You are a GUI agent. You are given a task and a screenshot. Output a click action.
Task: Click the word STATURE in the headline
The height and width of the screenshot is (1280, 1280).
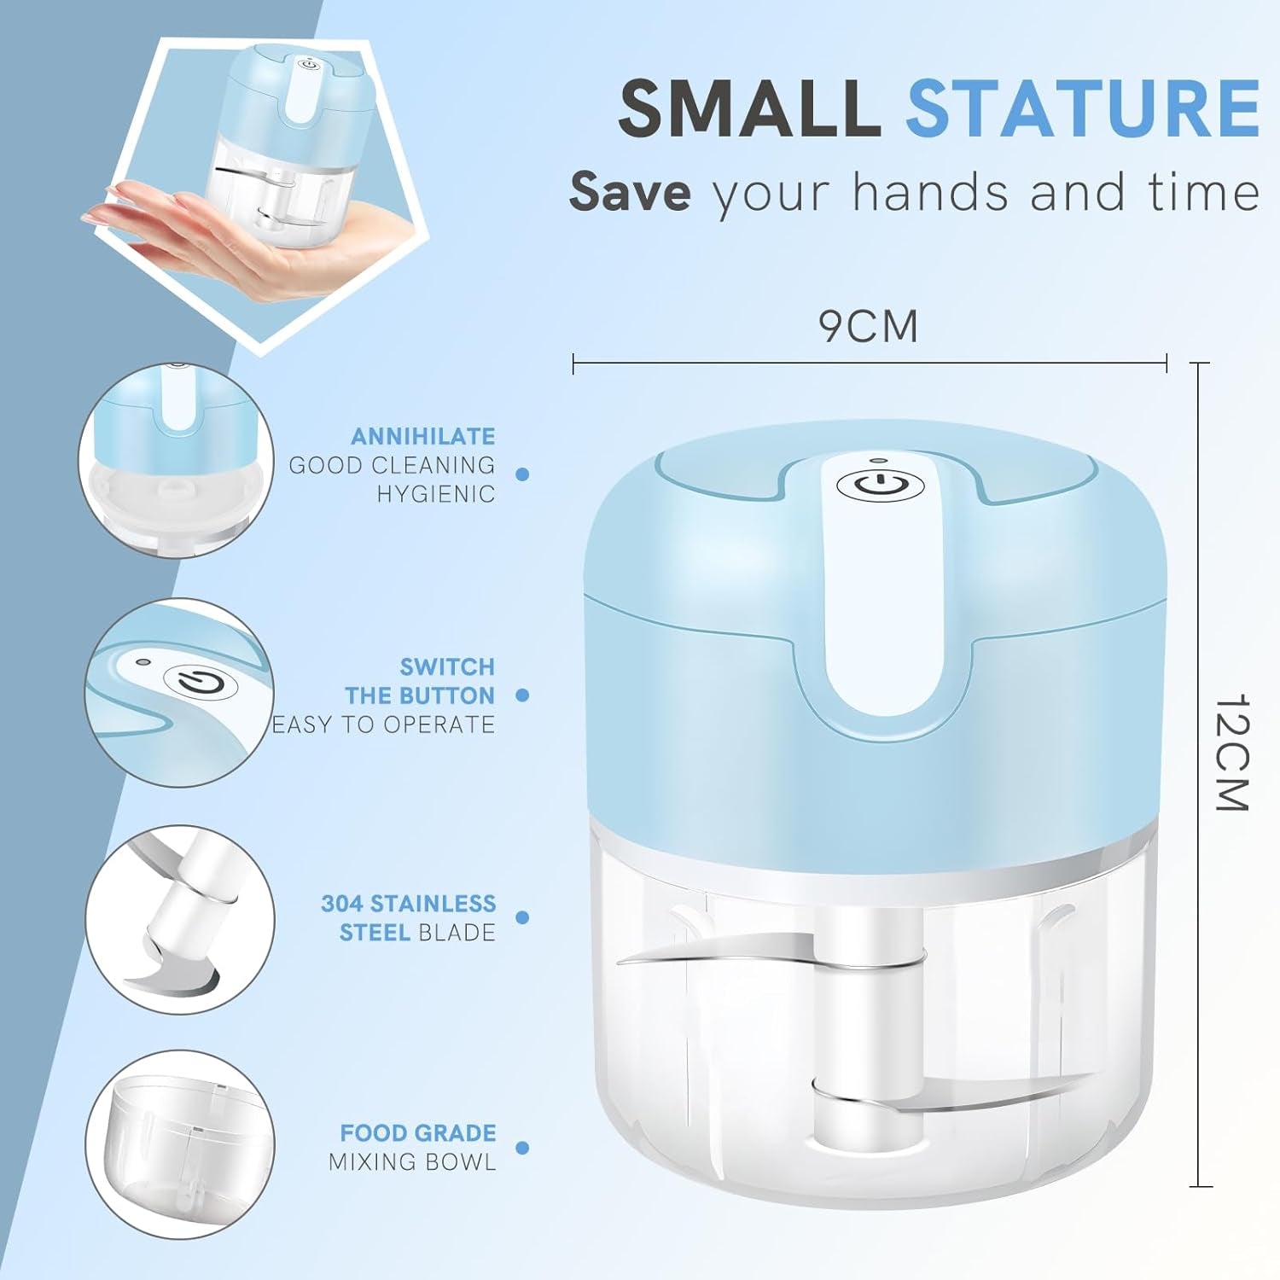(1082, 108)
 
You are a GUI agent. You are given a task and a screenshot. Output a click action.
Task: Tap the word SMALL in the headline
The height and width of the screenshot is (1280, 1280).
(749, 108)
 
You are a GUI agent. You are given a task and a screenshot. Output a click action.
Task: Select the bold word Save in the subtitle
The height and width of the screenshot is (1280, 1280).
(630, 191)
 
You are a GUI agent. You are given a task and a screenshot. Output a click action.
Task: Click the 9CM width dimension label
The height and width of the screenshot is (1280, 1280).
(868, 326)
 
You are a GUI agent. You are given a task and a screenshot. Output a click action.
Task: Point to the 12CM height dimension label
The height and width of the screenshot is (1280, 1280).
(1231, 752)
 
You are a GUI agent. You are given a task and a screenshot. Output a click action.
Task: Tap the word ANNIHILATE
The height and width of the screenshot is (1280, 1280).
(423, 436)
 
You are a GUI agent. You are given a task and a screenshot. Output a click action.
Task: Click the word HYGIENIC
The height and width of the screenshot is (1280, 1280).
(436, 494)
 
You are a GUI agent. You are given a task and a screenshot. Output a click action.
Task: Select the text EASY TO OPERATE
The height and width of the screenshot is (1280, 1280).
(383, 724)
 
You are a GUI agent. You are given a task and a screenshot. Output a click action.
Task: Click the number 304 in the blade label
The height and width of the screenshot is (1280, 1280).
(341, 904)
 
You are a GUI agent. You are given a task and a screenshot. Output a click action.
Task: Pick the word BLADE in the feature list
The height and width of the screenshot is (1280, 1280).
(457, 933)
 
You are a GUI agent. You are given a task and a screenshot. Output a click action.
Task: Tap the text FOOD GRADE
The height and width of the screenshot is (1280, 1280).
(417, 1133)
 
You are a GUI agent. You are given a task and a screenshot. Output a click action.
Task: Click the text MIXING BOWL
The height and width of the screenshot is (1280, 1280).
(412, 1162)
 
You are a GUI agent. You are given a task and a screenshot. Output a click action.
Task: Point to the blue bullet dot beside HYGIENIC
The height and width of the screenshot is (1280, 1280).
(523, 474)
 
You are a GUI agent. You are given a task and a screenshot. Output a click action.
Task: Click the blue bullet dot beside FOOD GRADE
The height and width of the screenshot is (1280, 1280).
(523, 1148)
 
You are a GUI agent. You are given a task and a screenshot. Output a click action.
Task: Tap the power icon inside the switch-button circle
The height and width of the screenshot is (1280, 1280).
(201, 683)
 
